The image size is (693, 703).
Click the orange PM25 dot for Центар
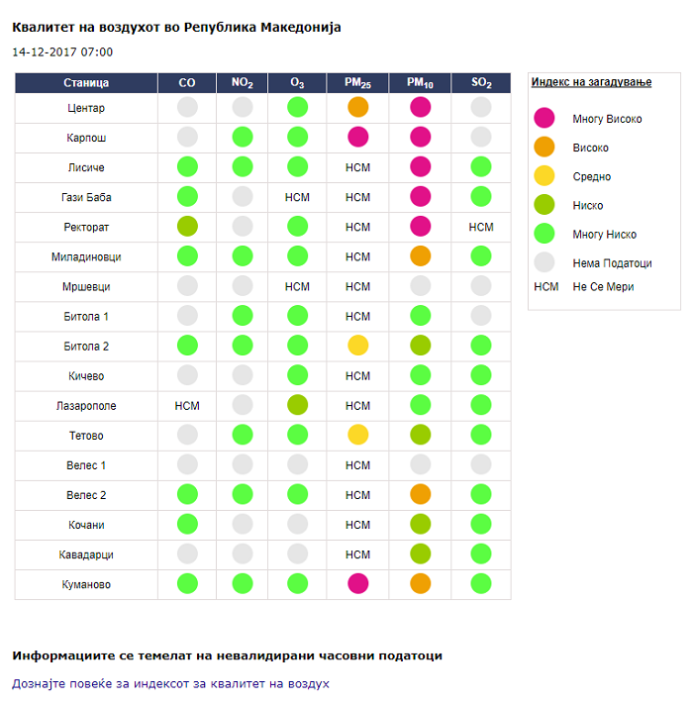click(358, 108)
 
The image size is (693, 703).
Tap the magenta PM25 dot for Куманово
click(358, 584)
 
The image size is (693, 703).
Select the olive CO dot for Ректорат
click(187, 227)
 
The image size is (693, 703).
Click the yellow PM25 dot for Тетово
click(358, 435)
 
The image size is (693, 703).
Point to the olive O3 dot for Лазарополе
click(297, 405)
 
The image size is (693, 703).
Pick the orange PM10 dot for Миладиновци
click(421, 256)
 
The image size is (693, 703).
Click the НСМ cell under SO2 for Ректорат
click(481, 227)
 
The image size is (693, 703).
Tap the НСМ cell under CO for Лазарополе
click(187, 405)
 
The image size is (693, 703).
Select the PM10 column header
click(421, 83)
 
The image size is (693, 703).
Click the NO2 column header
click(242, 83)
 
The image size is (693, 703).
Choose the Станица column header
click(86, 83)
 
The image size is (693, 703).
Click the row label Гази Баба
click(86, 197)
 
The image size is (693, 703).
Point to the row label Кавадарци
click(86, 554)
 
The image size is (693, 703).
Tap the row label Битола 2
click(86, 346)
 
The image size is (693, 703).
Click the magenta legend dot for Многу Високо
click(544, 119)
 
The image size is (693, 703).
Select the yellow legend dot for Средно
click(544, 176)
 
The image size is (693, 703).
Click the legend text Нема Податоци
click(612, 263)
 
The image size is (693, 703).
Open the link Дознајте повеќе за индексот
click(170, 683)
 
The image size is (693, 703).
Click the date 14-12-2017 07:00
click(62, 51)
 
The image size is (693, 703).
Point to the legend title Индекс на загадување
click(591, 82)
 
